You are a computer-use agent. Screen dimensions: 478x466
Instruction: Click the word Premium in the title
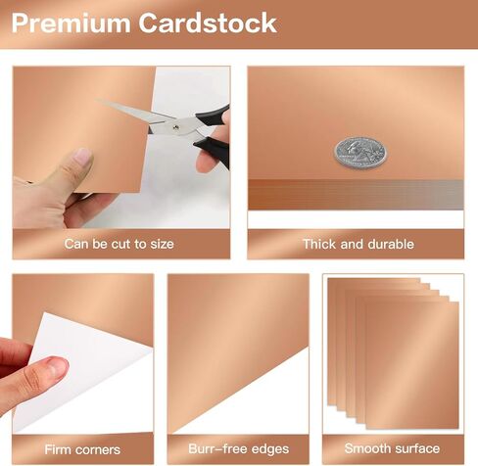(x=71, y=23)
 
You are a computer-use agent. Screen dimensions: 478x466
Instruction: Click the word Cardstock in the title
(x=208, y=23)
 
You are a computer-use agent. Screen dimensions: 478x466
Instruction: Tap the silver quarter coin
(x=360, y=153)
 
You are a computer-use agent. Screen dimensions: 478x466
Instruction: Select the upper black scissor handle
(x=213, y=116)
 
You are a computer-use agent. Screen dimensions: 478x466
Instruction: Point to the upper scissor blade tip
(x=98, y=101)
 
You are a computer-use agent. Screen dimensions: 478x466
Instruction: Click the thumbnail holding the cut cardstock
(x=82, y=157)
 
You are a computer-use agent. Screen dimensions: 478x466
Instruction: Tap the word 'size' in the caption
(x=162, y=244)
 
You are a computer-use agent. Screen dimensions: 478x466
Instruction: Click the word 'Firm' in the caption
(x=57, y=449)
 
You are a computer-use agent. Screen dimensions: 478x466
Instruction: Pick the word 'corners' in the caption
(x=96, y=450)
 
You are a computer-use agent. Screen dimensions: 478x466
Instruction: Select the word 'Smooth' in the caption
(x=363, y=448)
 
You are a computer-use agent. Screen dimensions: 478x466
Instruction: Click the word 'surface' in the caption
(x=413, y=448)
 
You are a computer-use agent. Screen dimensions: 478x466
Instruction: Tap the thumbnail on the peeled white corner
(x=58, y=366)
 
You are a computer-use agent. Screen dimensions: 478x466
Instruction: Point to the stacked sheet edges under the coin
(x=356, y=195)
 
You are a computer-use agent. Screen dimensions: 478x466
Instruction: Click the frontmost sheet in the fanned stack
(x=412, y=365)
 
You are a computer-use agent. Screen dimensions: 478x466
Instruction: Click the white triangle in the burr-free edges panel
(x=262, y=404)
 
